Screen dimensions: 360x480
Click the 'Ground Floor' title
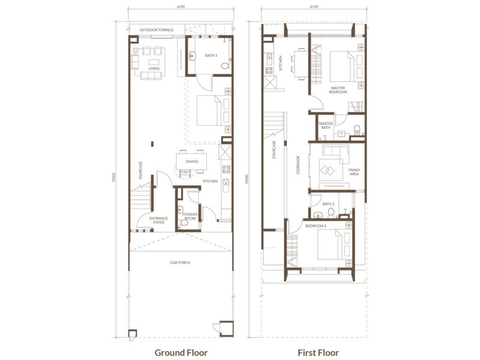(x=181, y=352)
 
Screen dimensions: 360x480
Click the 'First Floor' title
(x=314, y=352)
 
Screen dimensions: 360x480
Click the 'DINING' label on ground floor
(x=192, y=161)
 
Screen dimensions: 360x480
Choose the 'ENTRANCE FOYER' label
(x=158, y=220)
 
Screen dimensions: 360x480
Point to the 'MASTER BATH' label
(x=326, y=126)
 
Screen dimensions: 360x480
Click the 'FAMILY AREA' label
(x=355, y=172)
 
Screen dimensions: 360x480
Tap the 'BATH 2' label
(x=328, y=204)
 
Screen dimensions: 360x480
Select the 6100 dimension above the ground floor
(x=181, y=7)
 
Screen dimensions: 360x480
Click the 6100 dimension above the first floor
(x=314, y=7)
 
